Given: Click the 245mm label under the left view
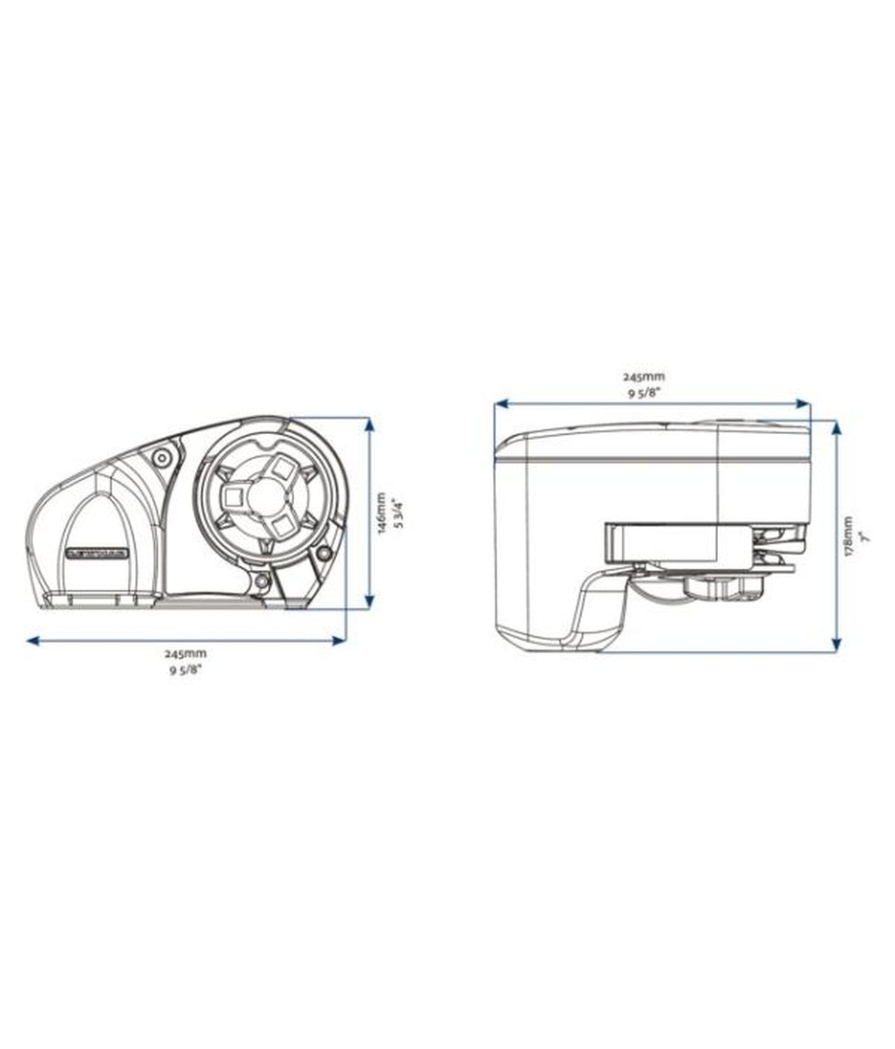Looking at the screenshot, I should click(185, 654).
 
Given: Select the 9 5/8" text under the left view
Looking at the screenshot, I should click(185, 670).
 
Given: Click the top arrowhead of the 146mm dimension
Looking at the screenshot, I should click(369, 425).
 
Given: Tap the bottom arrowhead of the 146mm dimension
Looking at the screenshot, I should click(369, 601).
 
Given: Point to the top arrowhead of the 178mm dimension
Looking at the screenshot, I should click(836, 428).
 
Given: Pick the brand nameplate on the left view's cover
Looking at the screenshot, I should click(97, 552).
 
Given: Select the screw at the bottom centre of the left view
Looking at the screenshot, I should click(260, 583).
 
